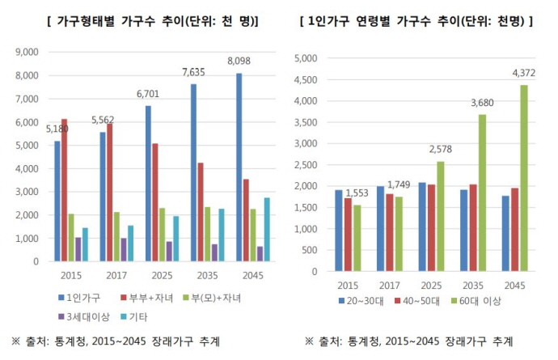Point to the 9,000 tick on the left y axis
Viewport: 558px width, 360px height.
(x=27, y=52)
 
